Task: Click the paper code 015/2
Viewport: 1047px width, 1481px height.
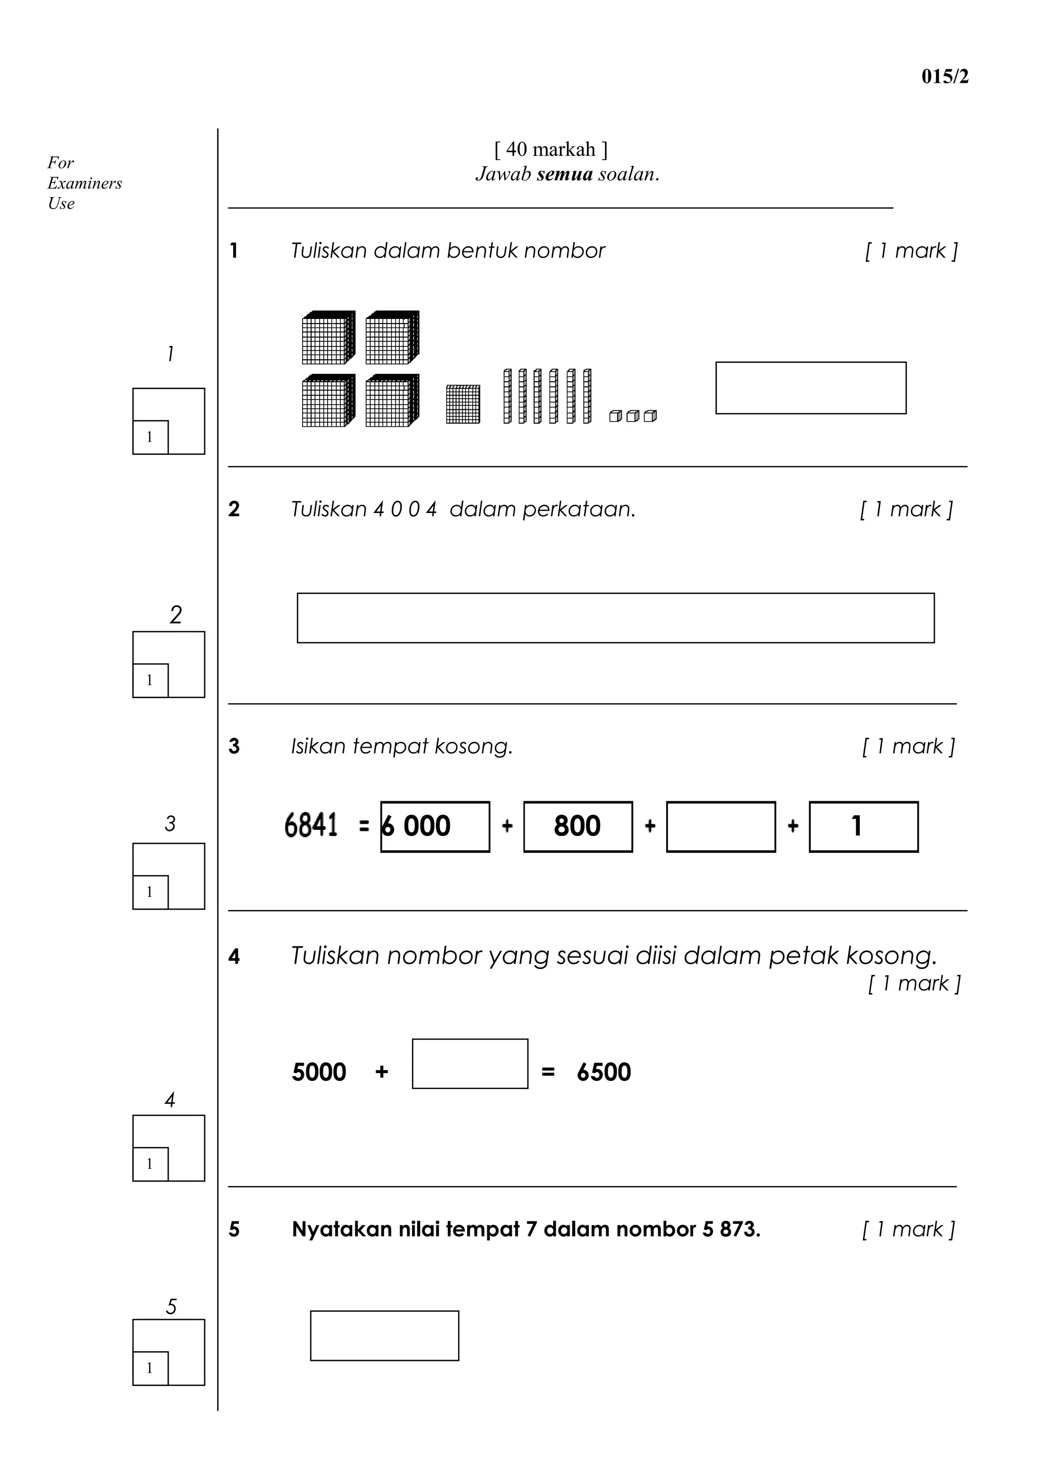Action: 944,77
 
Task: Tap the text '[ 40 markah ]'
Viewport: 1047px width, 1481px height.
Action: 550,149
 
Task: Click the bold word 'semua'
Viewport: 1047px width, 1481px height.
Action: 564,174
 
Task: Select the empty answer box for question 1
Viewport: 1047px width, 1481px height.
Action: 810,388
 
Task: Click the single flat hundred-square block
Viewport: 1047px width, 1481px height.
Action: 463,404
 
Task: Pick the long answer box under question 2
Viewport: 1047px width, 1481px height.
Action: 615,617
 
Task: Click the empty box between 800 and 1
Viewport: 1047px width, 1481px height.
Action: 720,826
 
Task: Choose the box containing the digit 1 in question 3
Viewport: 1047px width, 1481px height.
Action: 863,826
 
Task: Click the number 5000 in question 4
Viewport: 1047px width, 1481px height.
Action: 318,1072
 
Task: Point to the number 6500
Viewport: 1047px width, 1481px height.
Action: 604,1072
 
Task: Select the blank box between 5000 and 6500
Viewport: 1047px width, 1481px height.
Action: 470,1063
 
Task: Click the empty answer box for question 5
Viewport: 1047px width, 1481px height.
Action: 384,1335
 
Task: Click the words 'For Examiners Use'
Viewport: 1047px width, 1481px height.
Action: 84,183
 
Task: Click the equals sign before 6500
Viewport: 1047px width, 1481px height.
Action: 548,1073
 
